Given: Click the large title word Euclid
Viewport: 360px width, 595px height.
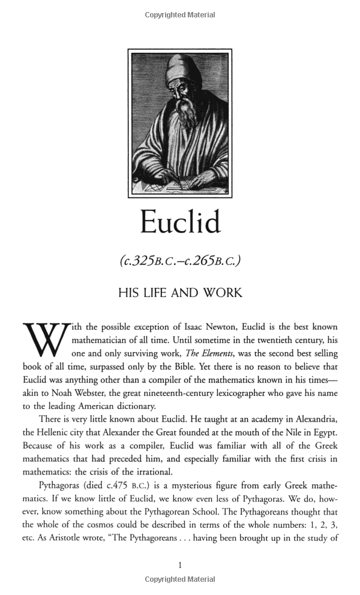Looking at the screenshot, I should click(x=180, y=222).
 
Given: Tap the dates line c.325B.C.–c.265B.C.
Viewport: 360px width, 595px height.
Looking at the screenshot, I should click(x=180, y=261).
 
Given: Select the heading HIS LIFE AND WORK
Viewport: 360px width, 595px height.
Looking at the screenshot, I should click(x=180, y=293).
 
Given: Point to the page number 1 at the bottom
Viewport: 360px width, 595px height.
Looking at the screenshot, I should click(x=180, y=564).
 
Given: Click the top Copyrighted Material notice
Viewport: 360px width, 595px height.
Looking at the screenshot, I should click(x=179, y=14).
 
